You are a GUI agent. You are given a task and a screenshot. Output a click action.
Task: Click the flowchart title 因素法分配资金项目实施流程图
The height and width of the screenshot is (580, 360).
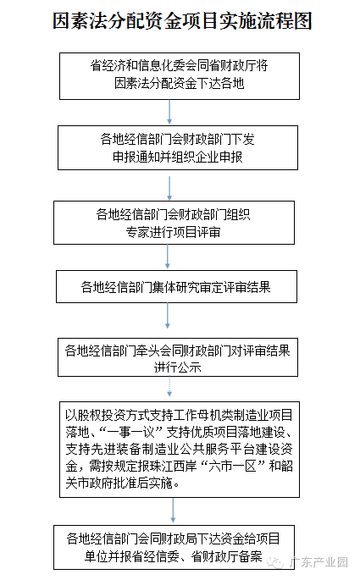coord(182,20)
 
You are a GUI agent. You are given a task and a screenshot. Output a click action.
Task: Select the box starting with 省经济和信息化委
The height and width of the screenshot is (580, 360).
coord(180,76)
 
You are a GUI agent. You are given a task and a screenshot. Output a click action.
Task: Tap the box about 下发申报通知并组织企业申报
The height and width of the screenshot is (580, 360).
coord(178,148)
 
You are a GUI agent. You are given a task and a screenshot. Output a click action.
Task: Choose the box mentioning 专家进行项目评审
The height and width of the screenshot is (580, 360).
coord(174,223)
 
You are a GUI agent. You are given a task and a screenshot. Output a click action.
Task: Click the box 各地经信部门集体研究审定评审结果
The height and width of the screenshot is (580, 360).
coord(176,287)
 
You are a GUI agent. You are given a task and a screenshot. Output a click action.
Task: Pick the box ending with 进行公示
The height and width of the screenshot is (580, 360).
coord(178,357)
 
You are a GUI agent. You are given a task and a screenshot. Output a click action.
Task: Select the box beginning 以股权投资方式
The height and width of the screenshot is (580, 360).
coord(180,450)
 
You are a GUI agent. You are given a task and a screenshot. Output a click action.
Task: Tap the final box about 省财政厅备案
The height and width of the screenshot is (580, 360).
coord(174,547)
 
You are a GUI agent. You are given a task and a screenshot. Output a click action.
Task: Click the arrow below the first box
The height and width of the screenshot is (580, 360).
coord(169,112)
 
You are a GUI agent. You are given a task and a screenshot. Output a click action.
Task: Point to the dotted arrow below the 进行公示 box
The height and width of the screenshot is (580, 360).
coord(169,387)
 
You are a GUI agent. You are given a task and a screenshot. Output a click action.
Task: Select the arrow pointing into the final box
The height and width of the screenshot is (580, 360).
coord(173,511)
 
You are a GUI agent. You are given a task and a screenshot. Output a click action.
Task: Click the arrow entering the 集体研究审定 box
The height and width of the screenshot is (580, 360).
coord(167,257)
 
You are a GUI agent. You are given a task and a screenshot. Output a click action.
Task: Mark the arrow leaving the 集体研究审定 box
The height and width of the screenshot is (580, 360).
coord(167,316)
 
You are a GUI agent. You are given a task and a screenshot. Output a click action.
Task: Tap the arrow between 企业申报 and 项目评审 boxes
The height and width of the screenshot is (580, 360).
coord(169,188)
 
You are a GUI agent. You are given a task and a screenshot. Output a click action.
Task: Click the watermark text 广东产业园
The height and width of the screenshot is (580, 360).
coord(318,562)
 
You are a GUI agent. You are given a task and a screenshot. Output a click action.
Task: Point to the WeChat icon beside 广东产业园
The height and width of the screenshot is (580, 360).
coord(275,562)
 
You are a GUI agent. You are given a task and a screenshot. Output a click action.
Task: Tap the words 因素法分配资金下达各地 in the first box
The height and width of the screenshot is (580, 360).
coord(180,83)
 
